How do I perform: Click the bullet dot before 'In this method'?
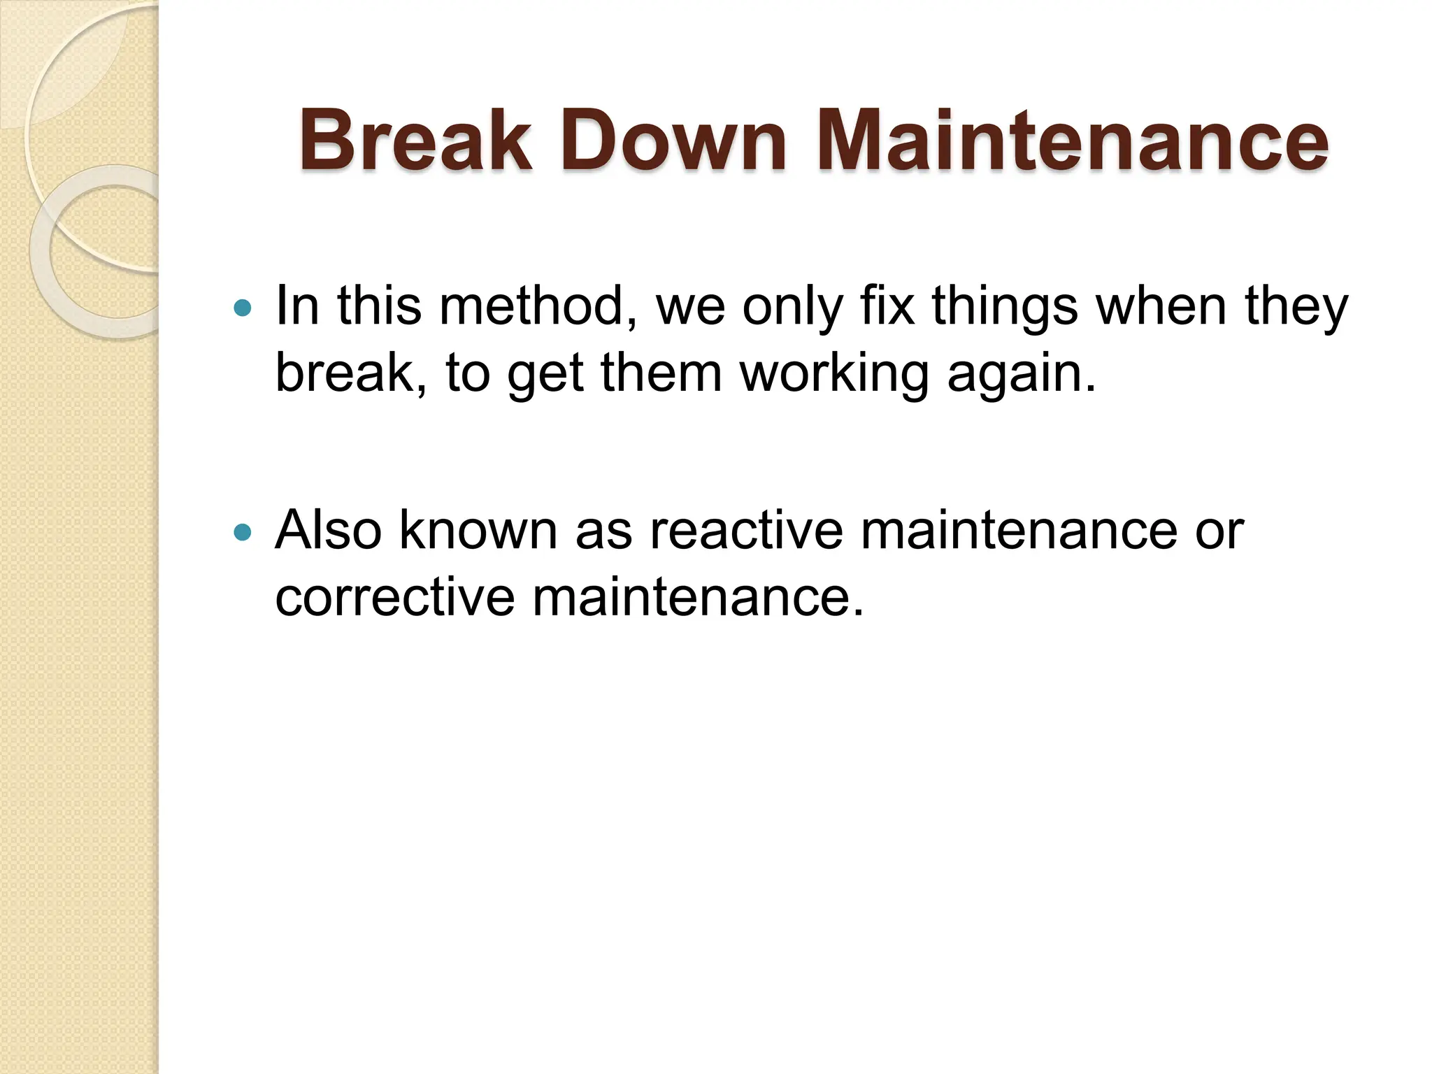click(242, 308)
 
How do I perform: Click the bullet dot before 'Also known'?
click(242, 533)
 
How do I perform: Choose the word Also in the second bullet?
click(328, 530)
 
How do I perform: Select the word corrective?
click(394, 597)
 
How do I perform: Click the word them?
click(661, 373)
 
